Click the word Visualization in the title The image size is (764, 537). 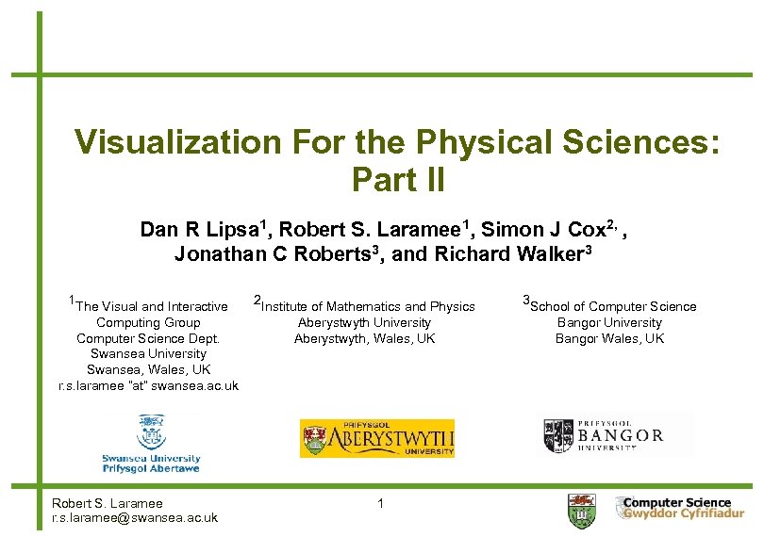point(176,142)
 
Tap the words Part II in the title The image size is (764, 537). point(396,178)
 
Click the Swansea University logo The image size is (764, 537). point(151,443)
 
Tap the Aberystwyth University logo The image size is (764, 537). point(377,438)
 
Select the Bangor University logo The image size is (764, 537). point(604,435)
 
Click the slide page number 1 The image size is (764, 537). point(380,504)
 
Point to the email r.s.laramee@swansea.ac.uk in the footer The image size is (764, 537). point(135,517)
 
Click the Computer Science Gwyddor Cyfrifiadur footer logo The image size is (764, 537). point(673,509)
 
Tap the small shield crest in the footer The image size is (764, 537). point(582,511)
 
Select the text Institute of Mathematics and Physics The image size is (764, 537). point(368,306)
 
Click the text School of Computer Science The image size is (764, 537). point(614,306)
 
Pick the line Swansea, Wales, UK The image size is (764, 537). point(148,369)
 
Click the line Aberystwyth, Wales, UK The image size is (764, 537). point(364,338)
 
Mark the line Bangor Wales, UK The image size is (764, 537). point(609,338)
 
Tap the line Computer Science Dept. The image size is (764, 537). point(148,338)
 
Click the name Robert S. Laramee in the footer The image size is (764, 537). point(108,503)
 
